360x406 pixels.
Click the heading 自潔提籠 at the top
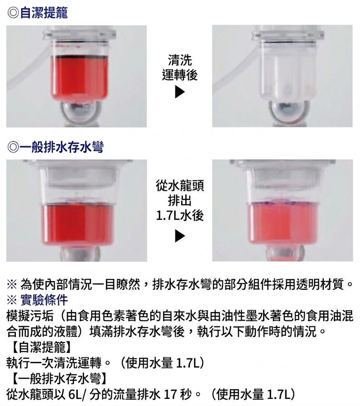[x=44, y=13]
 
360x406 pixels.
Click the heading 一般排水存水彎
[x=62, y=147]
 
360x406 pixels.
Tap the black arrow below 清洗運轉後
[x=180, y=92]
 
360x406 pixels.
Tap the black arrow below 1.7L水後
[x=180, y=236]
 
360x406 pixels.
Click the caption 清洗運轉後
[x=180, y=68]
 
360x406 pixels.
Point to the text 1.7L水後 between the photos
[x=180, y=215]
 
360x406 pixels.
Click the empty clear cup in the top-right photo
[x=288, y=70]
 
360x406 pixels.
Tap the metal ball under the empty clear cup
[x=288, y=111]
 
